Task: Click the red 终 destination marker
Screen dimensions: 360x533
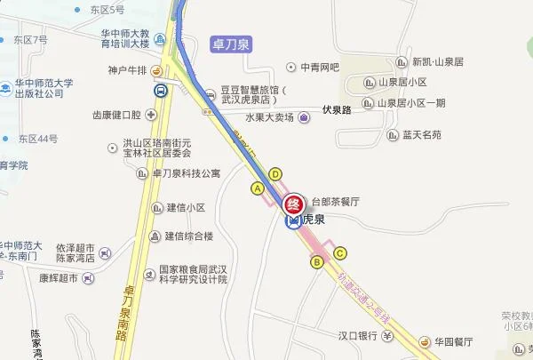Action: pos(292,204)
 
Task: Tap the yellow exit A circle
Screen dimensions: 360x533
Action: pos(259,188)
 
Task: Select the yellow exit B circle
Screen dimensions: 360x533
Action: pos(316,261)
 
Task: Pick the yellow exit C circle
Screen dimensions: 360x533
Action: pos(339,253)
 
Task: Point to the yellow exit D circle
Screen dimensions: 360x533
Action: pos(275,173)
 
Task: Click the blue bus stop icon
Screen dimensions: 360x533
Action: pos(160,91)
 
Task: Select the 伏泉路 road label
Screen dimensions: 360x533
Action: pos(337,109)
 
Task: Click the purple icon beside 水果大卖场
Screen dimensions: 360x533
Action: pos(304,117)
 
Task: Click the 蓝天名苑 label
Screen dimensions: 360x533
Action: pos(422,135)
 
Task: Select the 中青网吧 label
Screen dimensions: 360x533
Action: pos(320,68)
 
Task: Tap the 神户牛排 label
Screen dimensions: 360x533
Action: pos(126,69)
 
